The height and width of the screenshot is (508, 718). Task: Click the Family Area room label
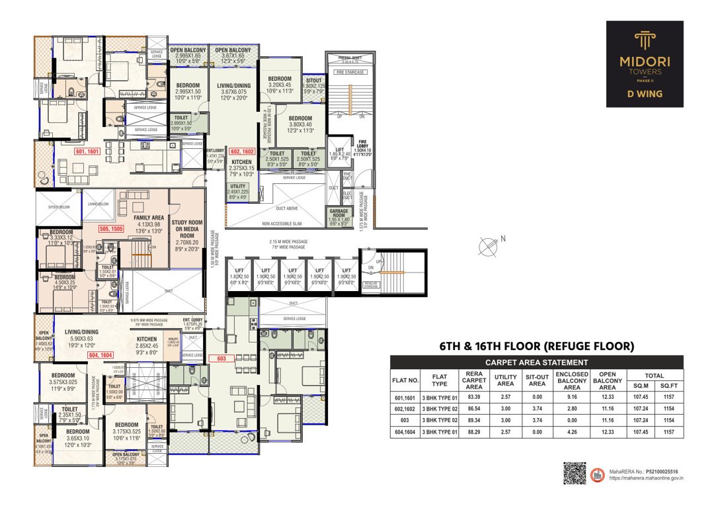coord(149,218)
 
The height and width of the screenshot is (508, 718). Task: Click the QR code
coord(575,474)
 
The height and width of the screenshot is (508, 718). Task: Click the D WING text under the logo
coord(645,94)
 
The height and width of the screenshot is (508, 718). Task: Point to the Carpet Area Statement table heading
coord(536,362)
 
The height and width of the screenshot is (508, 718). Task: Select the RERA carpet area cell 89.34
coord(473,420)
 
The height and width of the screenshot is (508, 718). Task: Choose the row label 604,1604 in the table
coord(405,432)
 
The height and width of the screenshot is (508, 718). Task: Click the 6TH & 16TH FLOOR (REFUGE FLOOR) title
coord(537,346)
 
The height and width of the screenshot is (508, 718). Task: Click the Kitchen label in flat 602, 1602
coord(241,162)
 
